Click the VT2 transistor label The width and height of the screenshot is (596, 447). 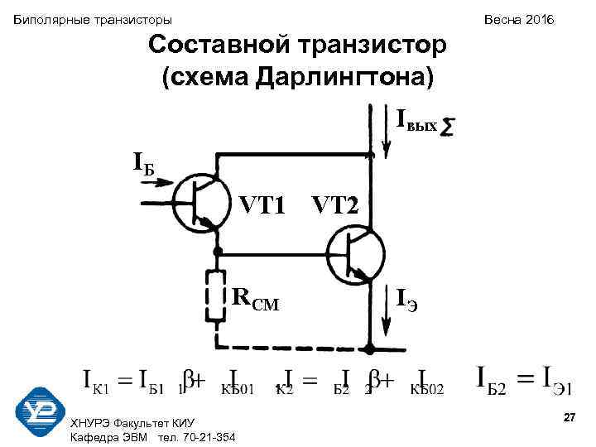(335, 204)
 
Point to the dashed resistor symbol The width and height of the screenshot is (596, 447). (218, 297)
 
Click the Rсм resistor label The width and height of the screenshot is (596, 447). (256, 299)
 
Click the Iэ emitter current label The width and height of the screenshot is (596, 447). (406, 299)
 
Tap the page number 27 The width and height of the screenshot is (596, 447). (569, 421)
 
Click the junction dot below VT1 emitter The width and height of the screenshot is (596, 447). (218, 251)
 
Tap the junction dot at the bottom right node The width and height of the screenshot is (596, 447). (370, 348)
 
